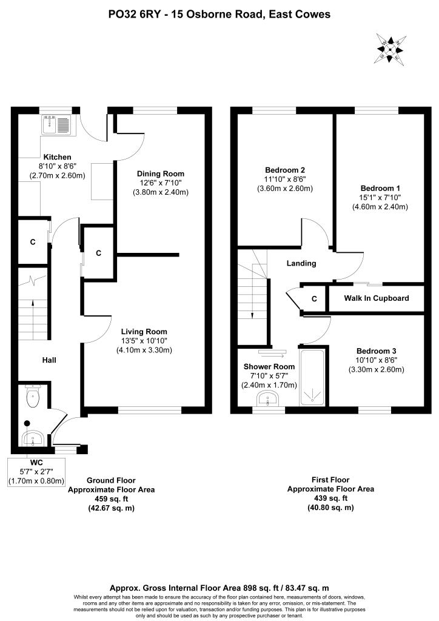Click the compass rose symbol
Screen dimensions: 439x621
[x=390, y=49]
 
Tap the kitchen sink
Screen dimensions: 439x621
[x=56, y=124]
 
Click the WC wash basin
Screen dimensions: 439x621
[x=34, y=438]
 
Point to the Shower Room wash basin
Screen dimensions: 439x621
[x=269, y=399]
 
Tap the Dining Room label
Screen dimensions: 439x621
[x=160, y=173]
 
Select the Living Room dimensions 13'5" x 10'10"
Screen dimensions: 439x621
[x=144, y=341]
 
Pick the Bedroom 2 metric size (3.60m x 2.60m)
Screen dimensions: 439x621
[x=285, y=189]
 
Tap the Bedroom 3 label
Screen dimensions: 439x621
[x=376, y=351]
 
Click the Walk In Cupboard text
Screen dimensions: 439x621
[x=377, y=298]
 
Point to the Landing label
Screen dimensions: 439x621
[x=301, y=263]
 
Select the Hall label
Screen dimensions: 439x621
[x=49, y=360]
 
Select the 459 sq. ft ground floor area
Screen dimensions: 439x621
[x=111, y=498]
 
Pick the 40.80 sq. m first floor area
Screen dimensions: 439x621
[x=330, y=508]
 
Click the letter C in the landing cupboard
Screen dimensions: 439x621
[x=314, y=299]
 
